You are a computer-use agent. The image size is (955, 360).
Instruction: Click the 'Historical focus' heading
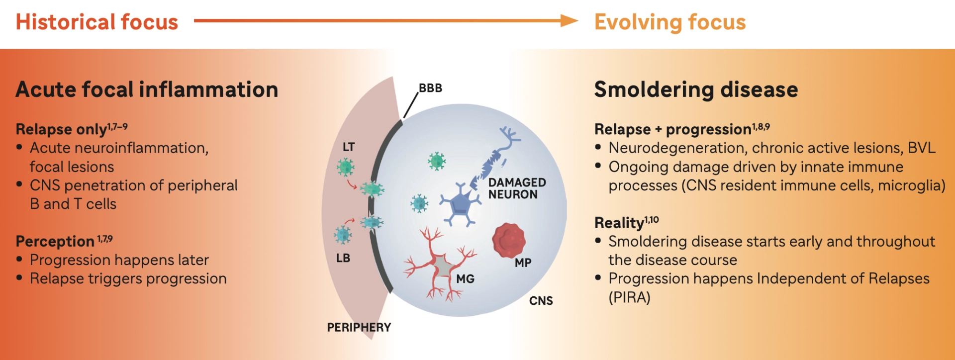[x=96, y=22]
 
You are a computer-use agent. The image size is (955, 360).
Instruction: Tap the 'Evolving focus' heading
[x=670, y=22]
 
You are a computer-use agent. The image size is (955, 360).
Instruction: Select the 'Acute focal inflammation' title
[x=147, y=90]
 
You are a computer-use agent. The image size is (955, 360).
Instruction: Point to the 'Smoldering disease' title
[x=696, y=90]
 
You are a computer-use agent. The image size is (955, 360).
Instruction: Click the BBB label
[x=430, y=88]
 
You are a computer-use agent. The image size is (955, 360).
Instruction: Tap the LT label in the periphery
[x=349, y=147]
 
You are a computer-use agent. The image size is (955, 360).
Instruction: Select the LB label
[x=343, y=258]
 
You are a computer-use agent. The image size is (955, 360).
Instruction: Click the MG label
[x=465, y=279]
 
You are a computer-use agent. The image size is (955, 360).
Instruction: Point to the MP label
[x=523, y=263]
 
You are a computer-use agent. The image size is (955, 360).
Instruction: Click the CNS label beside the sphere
[x=541, y=301]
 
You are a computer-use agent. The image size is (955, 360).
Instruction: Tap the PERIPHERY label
[x=359, y=327]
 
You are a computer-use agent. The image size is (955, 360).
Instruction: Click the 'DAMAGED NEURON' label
[x=517, y=188]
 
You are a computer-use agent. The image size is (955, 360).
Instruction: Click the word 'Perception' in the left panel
[x=55, y=241]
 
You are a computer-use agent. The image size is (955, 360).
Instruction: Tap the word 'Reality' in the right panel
[x=619, y=223]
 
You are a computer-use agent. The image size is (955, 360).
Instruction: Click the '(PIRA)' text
[x=629, y=297]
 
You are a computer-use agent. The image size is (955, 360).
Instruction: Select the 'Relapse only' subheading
[x=61, y=129]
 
